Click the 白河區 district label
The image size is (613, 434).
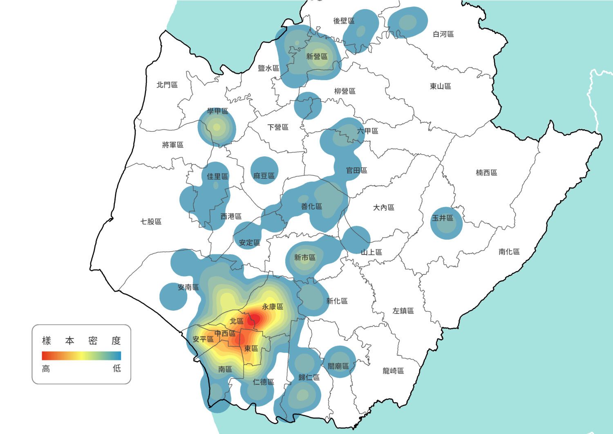443,34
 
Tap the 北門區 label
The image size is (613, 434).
167,85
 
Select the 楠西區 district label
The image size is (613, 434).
486,173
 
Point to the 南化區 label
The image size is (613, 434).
509,252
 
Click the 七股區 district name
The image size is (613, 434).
151,221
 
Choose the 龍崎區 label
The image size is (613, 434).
393,371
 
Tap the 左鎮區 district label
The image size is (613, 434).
403,311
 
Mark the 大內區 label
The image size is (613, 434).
383,207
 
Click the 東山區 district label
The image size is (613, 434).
441,86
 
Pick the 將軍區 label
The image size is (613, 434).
173,144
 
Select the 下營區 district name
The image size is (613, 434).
278,127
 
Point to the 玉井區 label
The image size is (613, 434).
443,218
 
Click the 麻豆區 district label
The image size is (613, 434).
264,175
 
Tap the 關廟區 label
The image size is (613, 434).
338,366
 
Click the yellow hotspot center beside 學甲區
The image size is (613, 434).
217,127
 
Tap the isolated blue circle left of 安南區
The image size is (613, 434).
173,296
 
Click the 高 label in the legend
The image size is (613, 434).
46,369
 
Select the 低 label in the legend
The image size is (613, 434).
117,369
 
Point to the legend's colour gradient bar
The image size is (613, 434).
81,355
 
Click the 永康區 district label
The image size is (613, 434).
273,306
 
